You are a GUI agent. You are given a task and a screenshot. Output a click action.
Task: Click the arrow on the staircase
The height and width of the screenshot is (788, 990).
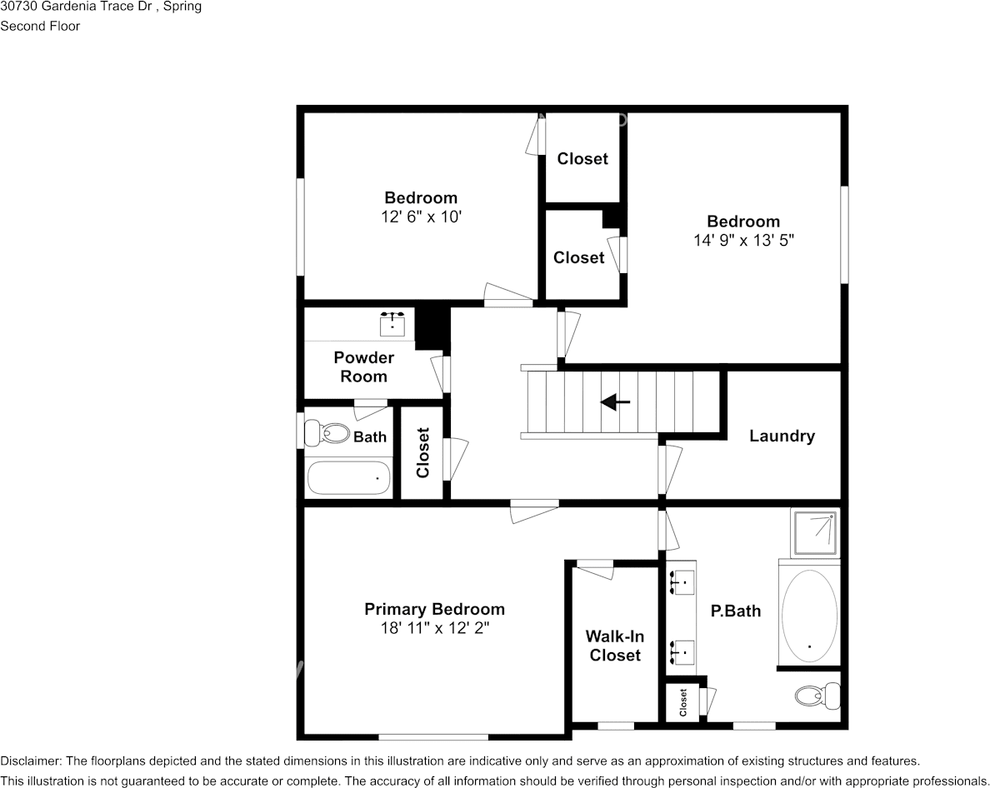[616, 402]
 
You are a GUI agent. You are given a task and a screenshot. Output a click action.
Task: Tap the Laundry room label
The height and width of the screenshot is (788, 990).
[781, 436]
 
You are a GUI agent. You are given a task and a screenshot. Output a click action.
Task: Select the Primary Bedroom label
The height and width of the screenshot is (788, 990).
[434, 609]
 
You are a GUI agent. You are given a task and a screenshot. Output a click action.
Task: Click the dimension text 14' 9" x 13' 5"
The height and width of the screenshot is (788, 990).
[742, 240]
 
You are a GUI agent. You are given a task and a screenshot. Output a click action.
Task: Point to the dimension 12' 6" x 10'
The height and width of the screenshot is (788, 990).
[420, 217]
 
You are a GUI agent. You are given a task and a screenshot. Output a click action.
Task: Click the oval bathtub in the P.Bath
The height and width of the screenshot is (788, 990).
[808, 616]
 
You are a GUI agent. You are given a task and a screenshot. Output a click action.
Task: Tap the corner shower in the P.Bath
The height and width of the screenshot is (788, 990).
[814, 533]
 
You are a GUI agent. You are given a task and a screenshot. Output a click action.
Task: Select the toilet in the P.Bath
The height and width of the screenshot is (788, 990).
[816, 694]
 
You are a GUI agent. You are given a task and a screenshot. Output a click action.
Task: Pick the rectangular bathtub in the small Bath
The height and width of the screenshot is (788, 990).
[348, 478]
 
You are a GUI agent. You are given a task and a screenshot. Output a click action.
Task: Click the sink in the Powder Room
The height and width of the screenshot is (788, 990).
[392, 323]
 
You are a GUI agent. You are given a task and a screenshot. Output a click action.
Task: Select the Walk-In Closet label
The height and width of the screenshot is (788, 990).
[615, 646]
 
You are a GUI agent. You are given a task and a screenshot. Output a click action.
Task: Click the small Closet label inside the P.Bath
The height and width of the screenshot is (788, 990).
[683, 703]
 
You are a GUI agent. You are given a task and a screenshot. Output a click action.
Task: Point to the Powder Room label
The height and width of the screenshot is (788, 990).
[363, 367]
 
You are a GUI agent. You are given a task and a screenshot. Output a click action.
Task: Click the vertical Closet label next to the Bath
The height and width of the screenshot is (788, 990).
[422, 452]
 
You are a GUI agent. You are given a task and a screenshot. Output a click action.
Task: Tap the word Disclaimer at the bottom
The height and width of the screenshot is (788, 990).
[30, 761]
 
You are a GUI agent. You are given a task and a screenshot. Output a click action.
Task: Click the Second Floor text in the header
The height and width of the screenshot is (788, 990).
[40, 26]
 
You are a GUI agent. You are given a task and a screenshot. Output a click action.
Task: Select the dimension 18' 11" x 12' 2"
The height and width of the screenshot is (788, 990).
[434, 628]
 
